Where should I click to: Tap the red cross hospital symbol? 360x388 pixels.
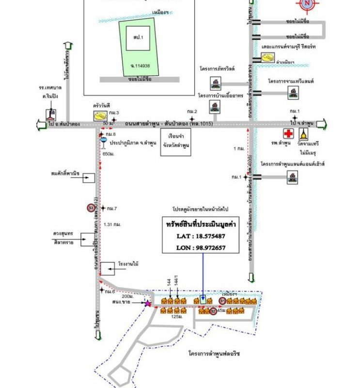point(289,133)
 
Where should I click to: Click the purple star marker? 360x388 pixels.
point(147,304)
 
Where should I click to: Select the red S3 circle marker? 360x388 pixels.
point(91,208)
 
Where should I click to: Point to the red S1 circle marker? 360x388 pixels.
point(223,302)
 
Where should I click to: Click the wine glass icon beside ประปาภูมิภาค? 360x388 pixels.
point(103,143)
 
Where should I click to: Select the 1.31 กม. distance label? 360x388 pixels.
point(112,225)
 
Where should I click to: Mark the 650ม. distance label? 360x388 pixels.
point(108,154)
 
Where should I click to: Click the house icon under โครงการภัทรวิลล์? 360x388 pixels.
point(214,83)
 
